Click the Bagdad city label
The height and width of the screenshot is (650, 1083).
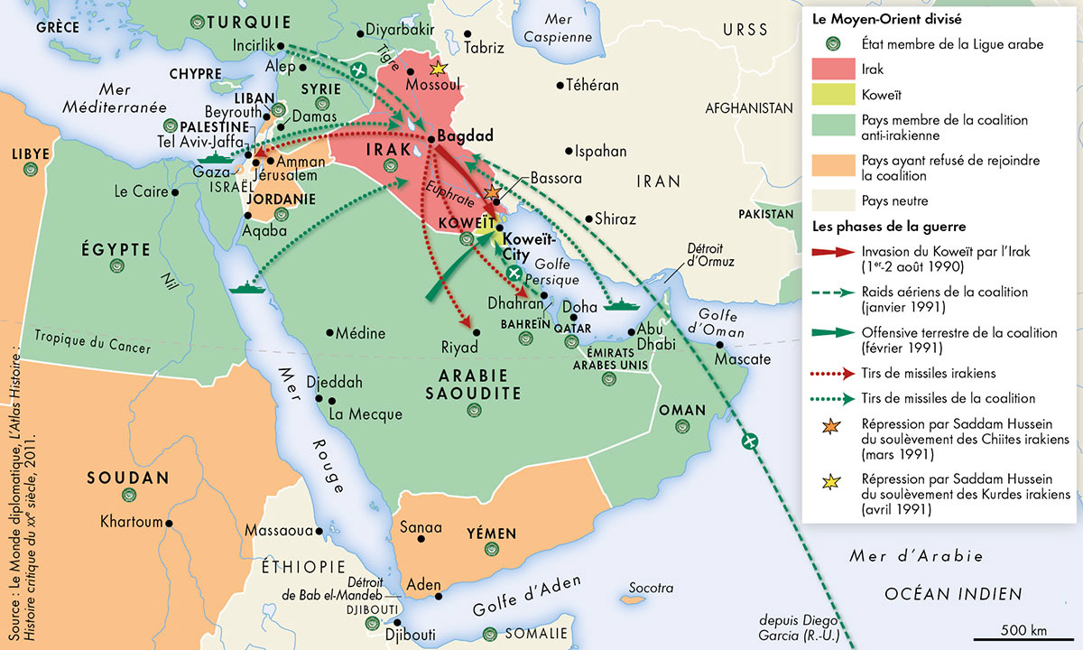click(x=465, y=136)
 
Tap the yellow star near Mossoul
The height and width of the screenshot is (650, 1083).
click(x=439, y=69)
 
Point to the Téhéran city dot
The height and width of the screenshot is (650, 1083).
click(x=560, y=86)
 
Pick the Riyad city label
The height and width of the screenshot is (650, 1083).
click(x=458, y=346)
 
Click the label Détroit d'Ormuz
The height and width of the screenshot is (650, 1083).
click(x=710, y=255)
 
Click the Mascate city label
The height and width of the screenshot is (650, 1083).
click(x=742, y=359)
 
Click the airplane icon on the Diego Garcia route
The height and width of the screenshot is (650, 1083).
click(x=748, y=441)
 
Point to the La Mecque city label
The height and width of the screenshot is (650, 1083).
click(x=366, y=414)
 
